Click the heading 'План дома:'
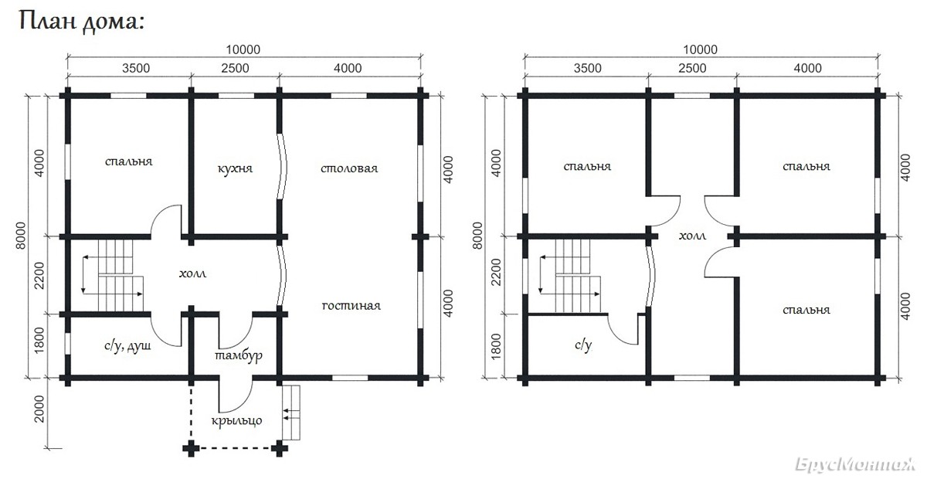(82, 22)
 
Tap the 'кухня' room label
(235, 169)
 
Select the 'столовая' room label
(349, 168)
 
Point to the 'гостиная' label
(351, 305)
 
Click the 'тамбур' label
(239, 355)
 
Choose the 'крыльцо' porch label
(236, 420)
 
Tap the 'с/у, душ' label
(127, 346)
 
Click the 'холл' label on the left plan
(193, 273)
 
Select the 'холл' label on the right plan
(692, 236)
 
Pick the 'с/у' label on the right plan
(583, 345)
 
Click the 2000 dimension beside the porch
(39, 409)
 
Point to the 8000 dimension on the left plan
(21, 236)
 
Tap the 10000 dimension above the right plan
(700, 49)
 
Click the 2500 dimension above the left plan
(235, 68)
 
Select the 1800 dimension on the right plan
(495, 346)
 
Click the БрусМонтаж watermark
(855, 465)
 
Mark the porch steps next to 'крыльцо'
(291, 413)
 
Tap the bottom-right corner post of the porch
(280, 448)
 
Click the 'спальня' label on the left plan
(129, 161)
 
